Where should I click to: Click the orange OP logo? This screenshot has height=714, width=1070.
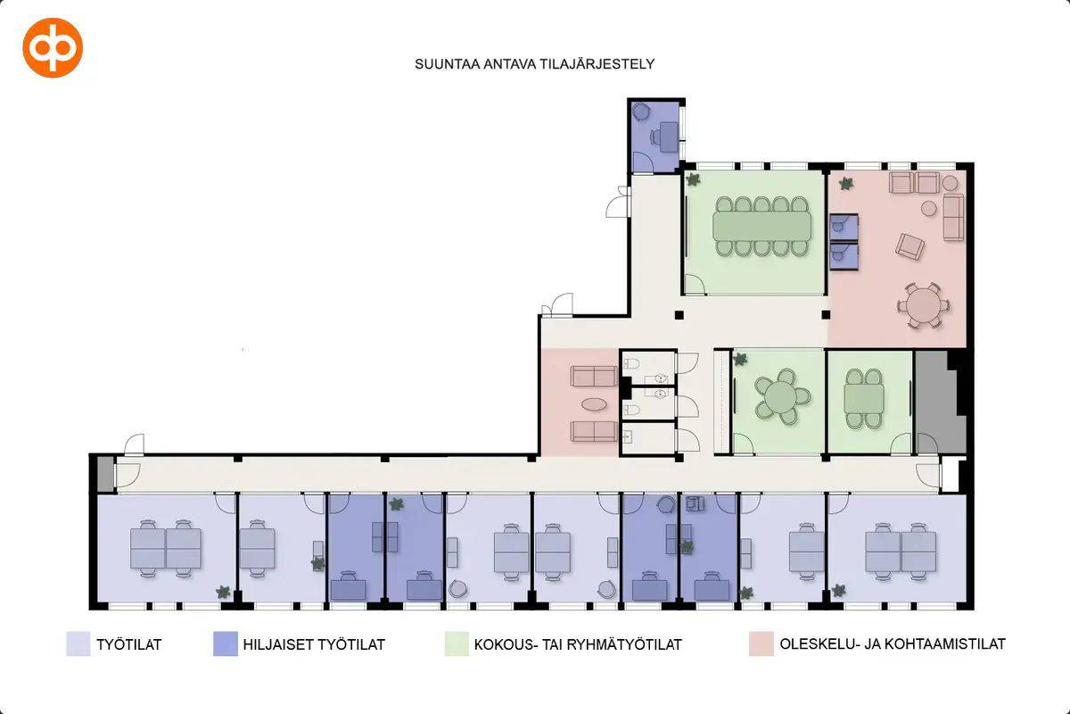point(53,48)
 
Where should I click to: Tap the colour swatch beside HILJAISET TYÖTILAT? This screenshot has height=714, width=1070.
point(226,643)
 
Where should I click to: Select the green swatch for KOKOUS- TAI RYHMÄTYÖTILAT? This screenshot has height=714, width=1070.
point(457,643)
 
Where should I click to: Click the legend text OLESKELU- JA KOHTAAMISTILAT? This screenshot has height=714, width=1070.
point(893,643)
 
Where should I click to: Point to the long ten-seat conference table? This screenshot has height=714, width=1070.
point(761,226)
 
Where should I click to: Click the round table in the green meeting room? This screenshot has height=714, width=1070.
point(780,396)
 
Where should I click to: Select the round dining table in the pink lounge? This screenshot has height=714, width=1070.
point(923,306)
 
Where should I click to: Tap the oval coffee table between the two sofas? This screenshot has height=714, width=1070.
point(594,404)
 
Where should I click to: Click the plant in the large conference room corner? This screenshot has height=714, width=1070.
point(693,179)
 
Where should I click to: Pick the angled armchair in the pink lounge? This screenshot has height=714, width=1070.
point(909,246)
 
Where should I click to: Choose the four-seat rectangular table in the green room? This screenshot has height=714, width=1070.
point(864,398)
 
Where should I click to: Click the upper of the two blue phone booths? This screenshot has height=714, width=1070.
point(844,228)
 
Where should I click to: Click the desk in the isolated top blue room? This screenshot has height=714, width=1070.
point(669,137)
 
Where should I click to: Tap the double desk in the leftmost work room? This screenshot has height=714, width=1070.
point(166,548)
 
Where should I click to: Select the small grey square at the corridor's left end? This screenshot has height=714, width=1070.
point(105,474)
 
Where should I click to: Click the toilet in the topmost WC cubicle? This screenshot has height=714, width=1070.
point(631,363)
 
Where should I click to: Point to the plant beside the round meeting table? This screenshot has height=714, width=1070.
point(740,359)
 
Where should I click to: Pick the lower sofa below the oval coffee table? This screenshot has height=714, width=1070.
point(594,432)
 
